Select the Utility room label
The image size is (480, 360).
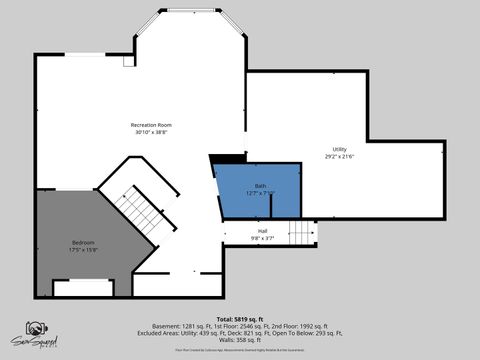339,149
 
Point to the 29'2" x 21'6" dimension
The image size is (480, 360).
339,156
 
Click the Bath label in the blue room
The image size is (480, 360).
260,186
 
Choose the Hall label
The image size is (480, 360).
263,231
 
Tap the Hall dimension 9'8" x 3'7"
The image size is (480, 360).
263,239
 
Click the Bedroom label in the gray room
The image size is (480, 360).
83,243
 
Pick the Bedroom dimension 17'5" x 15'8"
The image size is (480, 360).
83,250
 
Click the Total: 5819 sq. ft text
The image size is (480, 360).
245,319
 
